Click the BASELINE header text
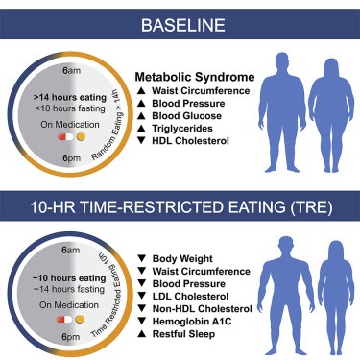tap(180, 18)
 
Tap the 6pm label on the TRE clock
tap(72, 337)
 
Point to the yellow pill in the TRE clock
tap(81, 318)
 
